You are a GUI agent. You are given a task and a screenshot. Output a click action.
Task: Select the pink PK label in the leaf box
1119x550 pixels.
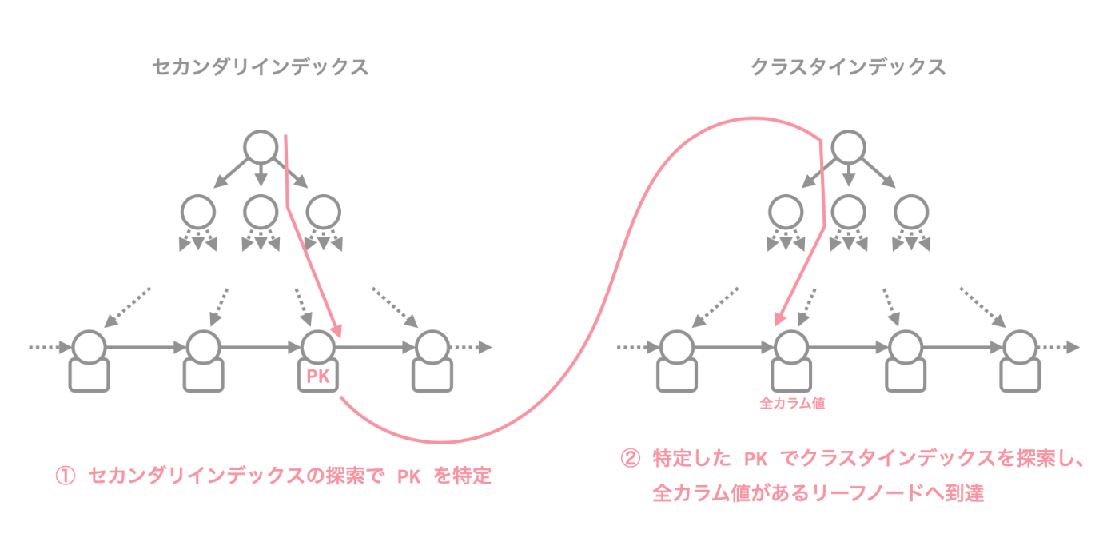pyautogui.click(x=318, y=376)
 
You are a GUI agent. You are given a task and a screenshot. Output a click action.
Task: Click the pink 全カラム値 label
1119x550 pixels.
pyautogui.click(x=792, y=404)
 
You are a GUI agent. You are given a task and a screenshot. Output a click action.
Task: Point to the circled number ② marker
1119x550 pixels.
pyautogui.click(x=631, y=459)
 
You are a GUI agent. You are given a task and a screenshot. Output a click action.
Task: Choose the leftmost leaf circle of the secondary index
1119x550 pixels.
pyautogui.click(x=89, y=348)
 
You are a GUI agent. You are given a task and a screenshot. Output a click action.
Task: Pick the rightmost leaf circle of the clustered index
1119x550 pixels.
pyautogui.click(x=1019, y=348)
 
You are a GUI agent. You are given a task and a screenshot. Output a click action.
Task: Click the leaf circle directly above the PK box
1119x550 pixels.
pyautogui.click(x=317, y=348)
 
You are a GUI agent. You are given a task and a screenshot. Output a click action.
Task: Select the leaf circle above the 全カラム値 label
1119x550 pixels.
pyautogui.click(x=791, y=348)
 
